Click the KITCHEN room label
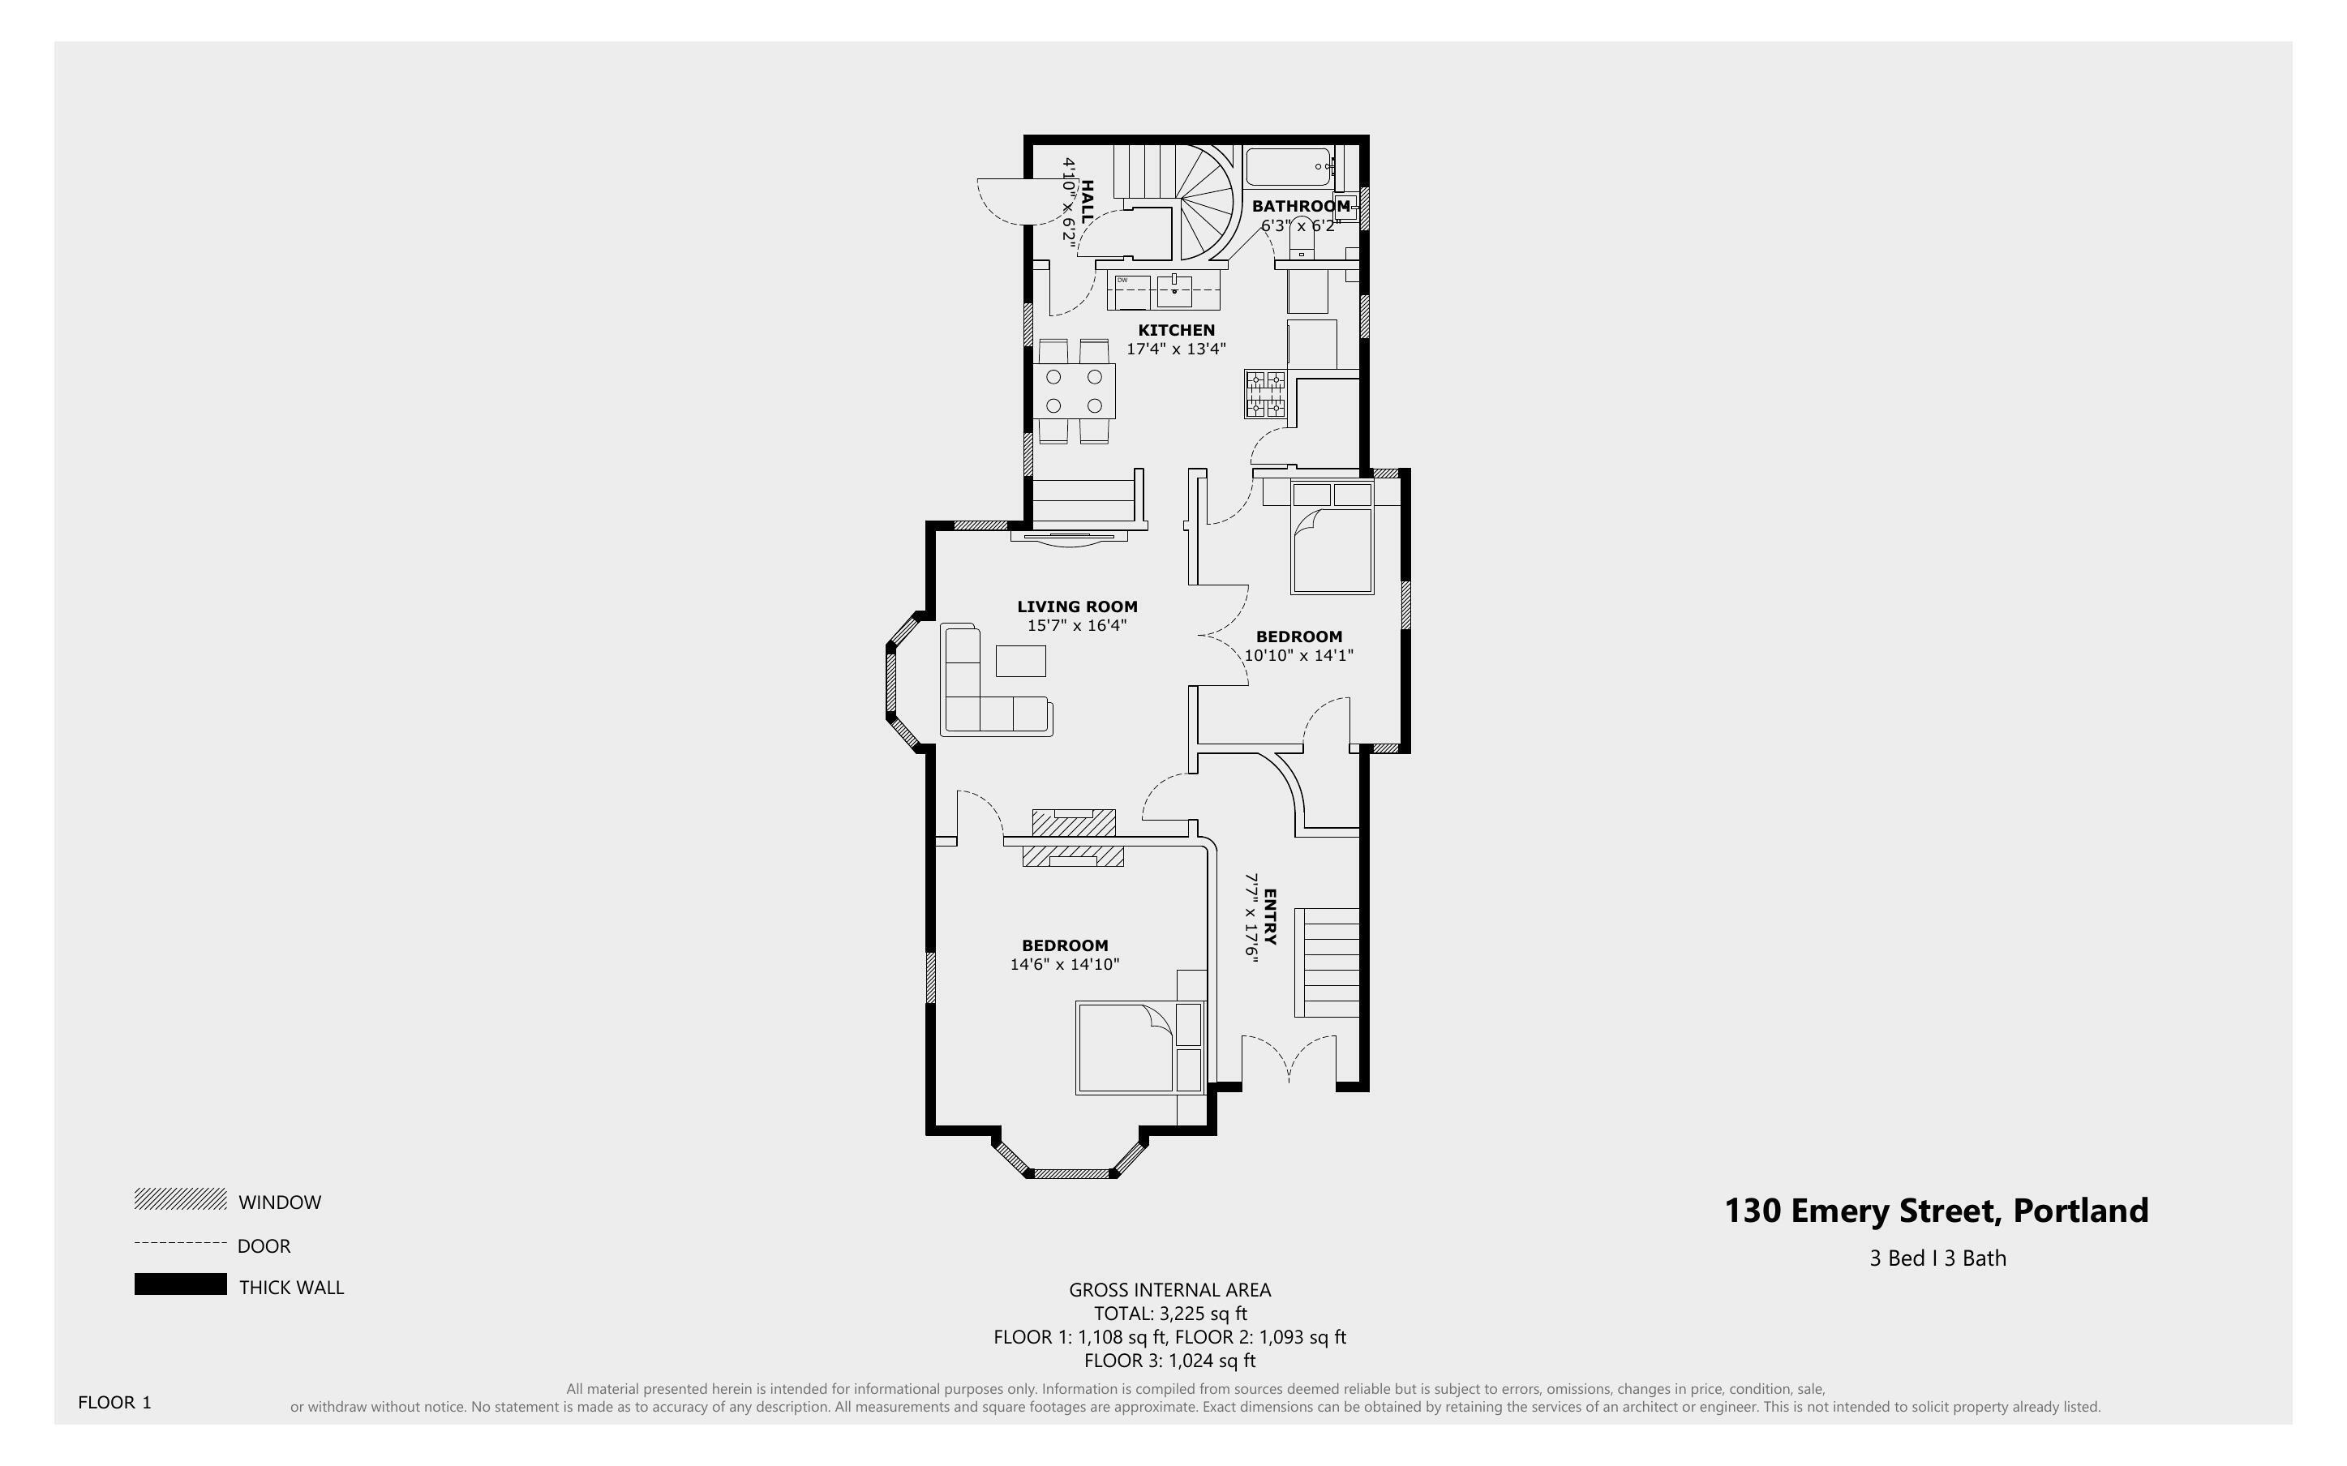1176,330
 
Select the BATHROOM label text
1300,206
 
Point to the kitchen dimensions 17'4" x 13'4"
1176,349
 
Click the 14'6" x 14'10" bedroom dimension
1065,965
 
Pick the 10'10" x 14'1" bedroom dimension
1298,655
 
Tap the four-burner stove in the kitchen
1265,395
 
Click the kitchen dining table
1074,390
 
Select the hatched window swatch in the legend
180,1199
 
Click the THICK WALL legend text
292,1288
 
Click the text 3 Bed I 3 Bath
1937,1258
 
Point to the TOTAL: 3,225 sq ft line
1170,1314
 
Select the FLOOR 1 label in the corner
114,1402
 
